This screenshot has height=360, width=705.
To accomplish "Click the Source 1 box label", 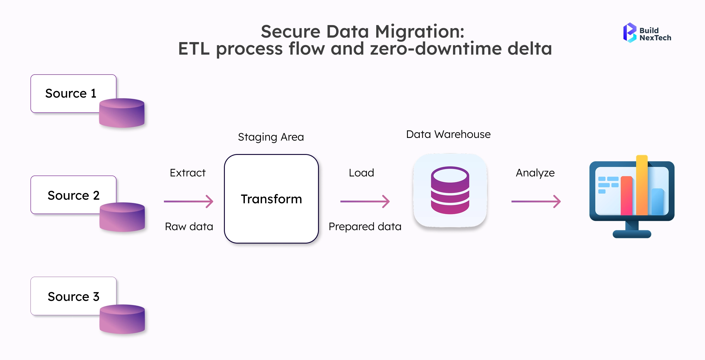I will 71,93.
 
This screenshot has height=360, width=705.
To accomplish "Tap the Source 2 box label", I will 73,196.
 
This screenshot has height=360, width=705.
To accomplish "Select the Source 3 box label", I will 73,297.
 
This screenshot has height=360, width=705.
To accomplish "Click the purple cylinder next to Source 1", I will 122,113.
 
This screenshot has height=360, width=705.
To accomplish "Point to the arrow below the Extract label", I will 189,201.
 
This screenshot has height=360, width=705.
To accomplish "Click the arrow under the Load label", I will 365,201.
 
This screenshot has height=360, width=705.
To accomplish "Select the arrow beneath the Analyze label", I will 536,201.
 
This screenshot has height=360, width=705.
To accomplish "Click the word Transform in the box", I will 271,199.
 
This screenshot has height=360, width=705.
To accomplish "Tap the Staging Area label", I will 271,137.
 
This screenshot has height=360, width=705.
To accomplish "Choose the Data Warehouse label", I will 448,134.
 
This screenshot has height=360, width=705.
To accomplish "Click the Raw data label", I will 189,227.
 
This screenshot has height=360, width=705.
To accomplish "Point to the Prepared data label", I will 365,227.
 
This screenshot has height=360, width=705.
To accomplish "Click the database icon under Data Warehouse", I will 450,190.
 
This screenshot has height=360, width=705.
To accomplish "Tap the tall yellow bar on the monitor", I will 642,185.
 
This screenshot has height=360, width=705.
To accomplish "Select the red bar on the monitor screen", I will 626,196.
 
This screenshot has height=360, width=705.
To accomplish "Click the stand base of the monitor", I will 632,234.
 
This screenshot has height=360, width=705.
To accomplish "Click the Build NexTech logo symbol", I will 630,33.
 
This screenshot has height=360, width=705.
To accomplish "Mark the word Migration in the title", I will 420,31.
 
